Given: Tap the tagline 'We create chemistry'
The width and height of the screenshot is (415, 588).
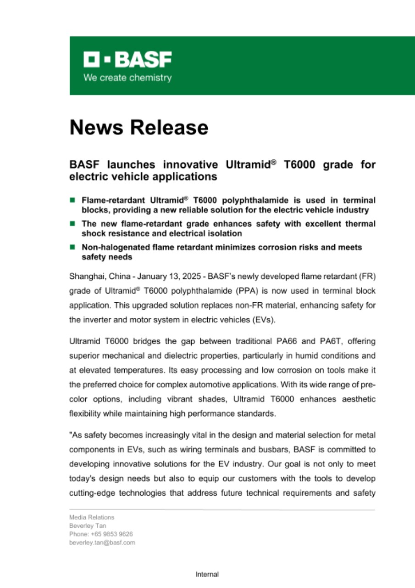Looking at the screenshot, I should [127, 78].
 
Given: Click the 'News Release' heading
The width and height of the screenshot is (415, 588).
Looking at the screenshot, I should [139, 127].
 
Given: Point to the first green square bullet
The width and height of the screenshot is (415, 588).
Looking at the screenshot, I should [72, 200].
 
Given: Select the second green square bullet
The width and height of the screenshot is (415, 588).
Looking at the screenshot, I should [72, 223].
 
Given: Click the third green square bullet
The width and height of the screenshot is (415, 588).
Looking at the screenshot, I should [72, 247].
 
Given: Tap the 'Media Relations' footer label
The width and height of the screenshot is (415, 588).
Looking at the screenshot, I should [92, 517].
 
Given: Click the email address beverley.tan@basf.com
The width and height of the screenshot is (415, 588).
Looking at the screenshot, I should [102, 543].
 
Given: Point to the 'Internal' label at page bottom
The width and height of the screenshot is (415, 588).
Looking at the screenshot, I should [207, 574].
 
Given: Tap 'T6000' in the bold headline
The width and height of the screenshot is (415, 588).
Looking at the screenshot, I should [300, 164].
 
